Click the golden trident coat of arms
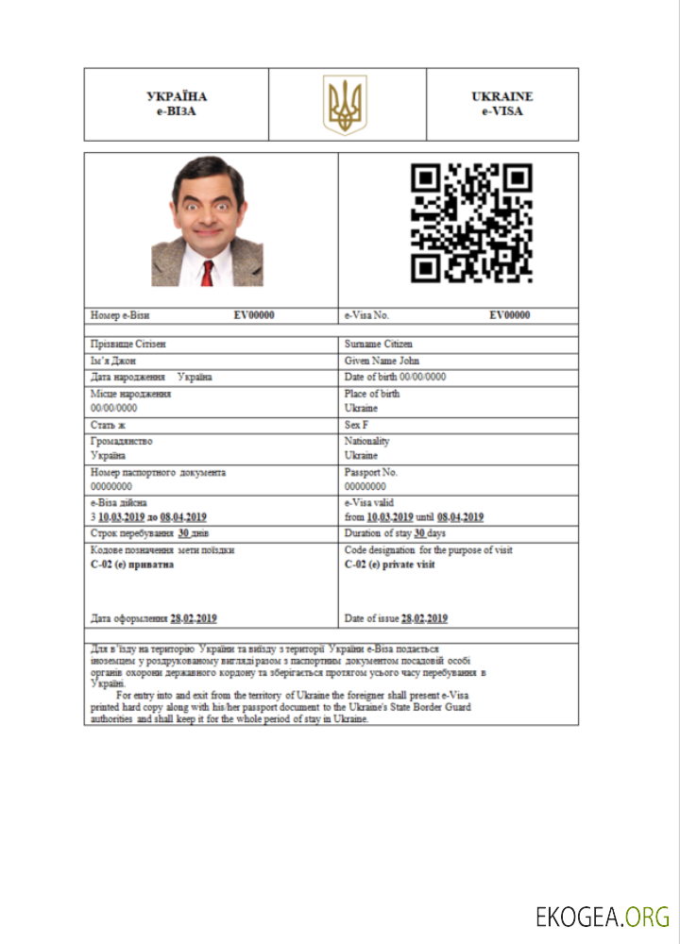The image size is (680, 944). (345, 104)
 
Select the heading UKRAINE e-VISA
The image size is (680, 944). (501, 104)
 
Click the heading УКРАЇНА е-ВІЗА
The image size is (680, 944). (177, 104)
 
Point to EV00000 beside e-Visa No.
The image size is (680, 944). (509, 315)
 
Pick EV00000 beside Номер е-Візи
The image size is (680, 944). (254, 315)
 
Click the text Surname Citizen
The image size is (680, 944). (379, 345)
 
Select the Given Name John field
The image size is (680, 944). (382, 361)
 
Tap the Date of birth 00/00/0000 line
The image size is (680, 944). (395, 377)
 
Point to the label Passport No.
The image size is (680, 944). (371, 472)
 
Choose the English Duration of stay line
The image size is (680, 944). (396, 533)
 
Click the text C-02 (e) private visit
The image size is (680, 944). (390, 565)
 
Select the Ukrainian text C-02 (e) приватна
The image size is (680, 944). (132, 565)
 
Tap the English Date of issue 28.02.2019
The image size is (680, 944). (396, 618)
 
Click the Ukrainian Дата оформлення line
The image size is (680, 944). (154, 618)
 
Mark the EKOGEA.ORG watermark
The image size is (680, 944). (603, 916)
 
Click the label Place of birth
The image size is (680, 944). (372, 394)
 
